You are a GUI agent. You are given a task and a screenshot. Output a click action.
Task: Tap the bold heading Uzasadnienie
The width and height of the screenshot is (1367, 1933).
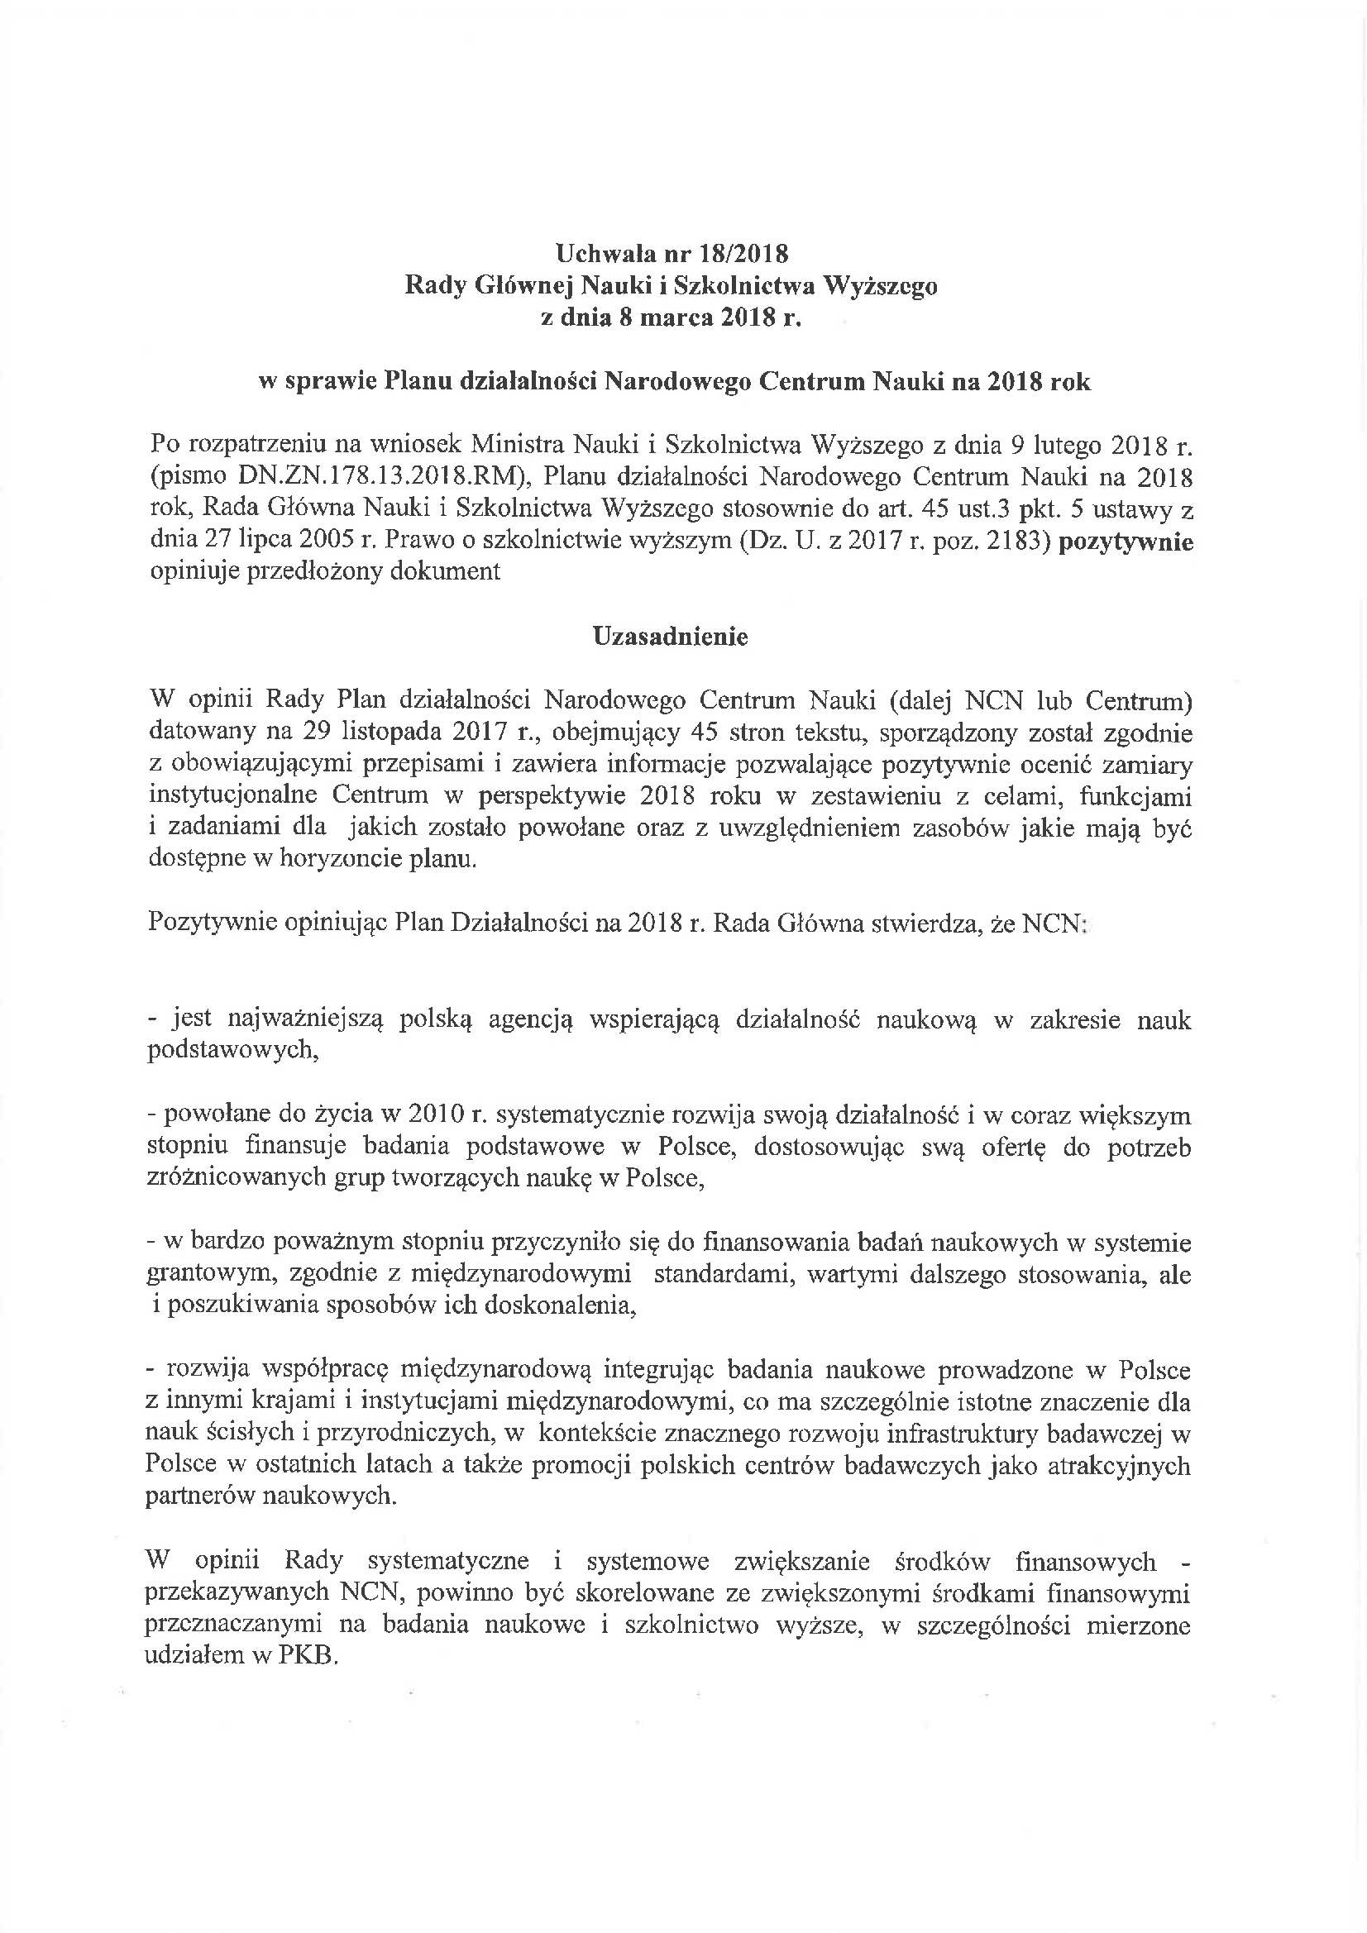click(x=671, y=637)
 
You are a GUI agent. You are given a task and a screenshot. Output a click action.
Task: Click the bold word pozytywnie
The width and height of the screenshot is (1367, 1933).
click(x=1126, y=542)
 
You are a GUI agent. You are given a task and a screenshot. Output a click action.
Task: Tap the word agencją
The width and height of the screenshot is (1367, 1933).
click(x=528, y=1019)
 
